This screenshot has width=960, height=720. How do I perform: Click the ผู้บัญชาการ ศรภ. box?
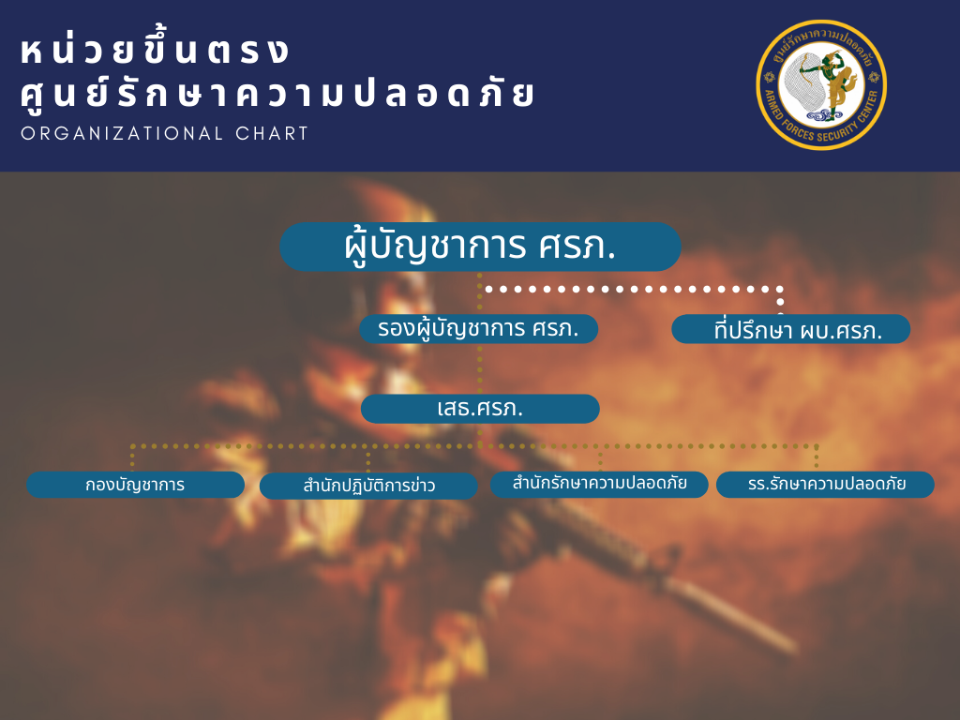481,247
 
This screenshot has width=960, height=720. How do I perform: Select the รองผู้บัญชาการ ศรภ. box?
479,329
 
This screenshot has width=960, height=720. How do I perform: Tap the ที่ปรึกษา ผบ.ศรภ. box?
791,329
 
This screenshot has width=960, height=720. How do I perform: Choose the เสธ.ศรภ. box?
480,409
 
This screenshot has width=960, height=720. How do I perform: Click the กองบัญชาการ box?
135,485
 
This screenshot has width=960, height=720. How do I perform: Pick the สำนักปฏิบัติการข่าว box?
368,486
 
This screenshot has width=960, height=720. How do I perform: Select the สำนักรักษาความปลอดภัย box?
599,484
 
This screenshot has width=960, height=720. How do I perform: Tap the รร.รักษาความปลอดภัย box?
825,485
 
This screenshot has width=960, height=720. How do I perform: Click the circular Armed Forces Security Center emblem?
821,85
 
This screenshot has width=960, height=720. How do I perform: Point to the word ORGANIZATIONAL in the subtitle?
123,133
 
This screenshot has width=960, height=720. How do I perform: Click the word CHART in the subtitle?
272,133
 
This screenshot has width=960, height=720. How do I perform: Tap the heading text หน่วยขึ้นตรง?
156,51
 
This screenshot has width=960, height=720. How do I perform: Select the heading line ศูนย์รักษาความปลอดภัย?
277,95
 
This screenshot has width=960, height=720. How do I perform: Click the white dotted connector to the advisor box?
634,289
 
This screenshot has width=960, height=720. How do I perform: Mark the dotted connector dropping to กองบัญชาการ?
132,457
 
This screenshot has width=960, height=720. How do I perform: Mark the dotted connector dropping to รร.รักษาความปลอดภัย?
817,457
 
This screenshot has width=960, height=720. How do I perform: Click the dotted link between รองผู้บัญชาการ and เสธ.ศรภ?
480,368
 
